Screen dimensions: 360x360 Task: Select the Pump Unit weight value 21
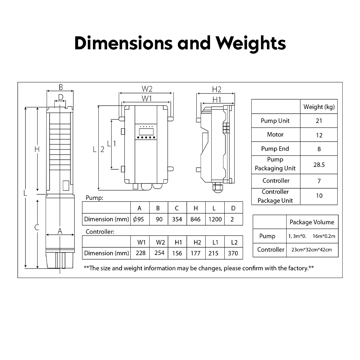pos(319,121)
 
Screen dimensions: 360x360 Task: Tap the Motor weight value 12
pos(319,135)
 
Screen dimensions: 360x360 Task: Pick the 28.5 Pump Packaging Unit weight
pos(319,165)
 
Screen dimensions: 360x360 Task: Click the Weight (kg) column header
pos(319,107)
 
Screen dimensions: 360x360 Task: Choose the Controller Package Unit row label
pos(275,196)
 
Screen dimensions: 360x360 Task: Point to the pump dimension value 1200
pos(215,219)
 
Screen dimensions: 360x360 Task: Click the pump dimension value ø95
pos(139,219)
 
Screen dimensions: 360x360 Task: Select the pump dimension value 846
pos(195,219)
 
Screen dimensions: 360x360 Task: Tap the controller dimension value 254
pos(159,253)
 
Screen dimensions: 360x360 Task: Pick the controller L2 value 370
pos(233,253)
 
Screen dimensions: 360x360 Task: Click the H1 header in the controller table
pos(178,242)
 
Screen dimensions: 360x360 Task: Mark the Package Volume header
pos(312,222)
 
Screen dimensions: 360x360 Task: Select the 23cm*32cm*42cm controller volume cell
pos(312,250)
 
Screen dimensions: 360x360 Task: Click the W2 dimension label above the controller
pos(147,89)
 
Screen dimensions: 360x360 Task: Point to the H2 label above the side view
pos(217,89)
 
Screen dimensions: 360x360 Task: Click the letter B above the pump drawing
pos(61,87)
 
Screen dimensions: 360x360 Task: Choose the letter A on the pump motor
pos(60,231)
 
